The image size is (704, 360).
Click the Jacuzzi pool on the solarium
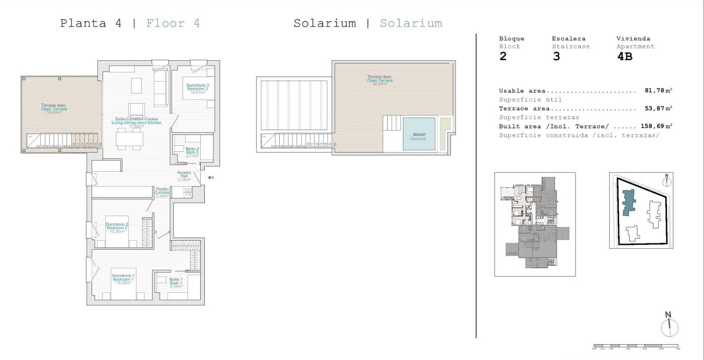419,134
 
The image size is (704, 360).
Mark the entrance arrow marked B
210,177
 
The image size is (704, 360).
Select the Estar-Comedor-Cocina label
136,121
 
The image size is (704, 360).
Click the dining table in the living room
129,139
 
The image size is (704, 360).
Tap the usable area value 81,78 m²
658,91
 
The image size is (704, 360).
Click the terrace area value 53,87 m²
658,108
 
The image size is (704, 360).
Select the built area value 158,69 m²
656,126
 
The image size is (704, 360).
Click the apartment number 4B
624,56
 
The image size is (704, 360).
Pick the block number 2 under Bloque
503,56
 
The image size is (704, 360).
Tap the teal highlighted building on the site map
629,202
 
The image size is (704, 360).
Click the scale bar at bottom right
636,346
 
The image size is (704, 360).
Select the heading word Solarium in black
325,23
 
